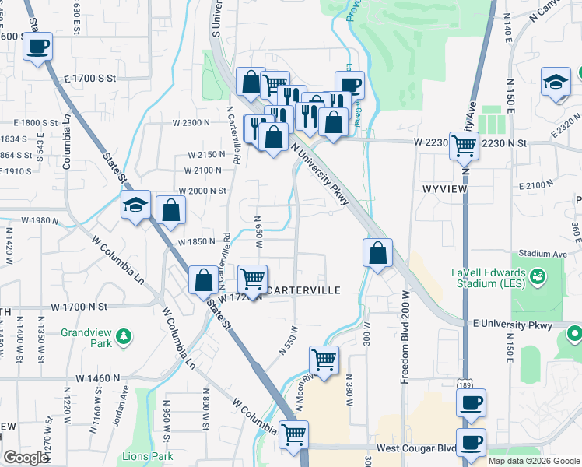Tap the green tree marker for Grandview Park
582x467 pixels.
[x=123, y=337]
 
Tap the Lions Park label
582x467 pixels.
[x=147, y=456]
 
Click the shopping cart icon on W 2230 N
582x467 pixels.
[x=464, y=145]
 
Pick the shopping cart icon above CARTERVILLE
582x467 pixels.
[x=252, y=279]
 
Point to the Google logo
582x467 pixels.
[x=26, y=458]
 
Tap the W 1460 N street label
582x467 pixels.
[x=98, y=377]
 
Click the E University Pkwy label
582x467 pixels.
[x=511, y=324]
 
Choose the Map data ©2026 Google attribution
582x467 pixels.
[x=533, y=461]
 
